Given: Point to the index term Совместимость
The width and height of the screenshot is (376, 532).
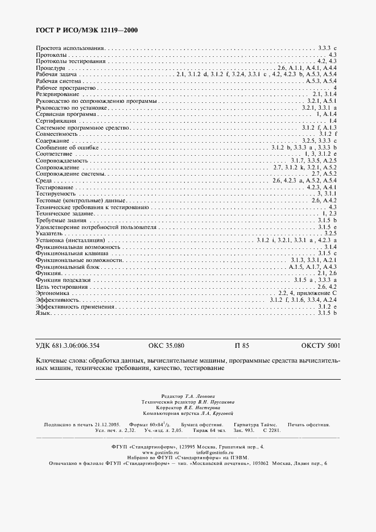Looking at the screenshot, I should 56,134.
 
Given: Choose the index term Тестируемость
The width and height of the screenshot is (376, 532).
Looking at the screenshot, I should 56,194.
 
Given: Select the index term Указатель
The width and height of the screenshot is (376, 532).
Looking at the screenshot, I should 49,234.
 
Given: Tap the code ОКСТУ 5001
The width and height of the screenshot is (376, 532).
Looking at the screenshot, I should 321,346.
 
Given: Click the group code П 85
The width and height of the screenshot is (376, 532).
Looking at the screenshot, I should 242,346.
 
